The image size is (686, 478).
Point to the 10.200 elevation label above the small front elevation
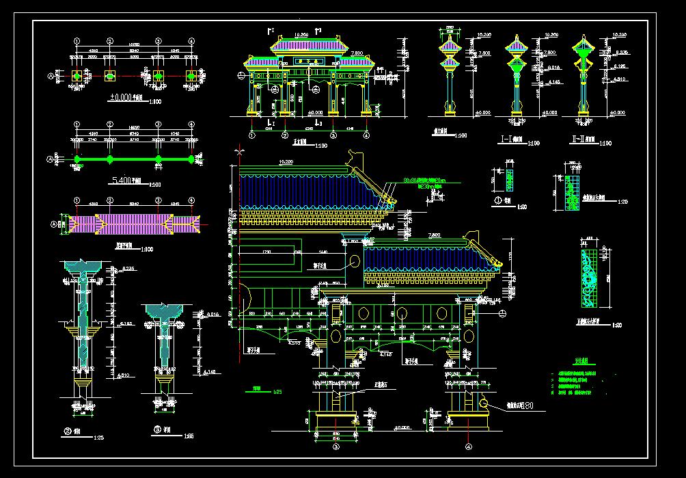pos(301,33)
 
